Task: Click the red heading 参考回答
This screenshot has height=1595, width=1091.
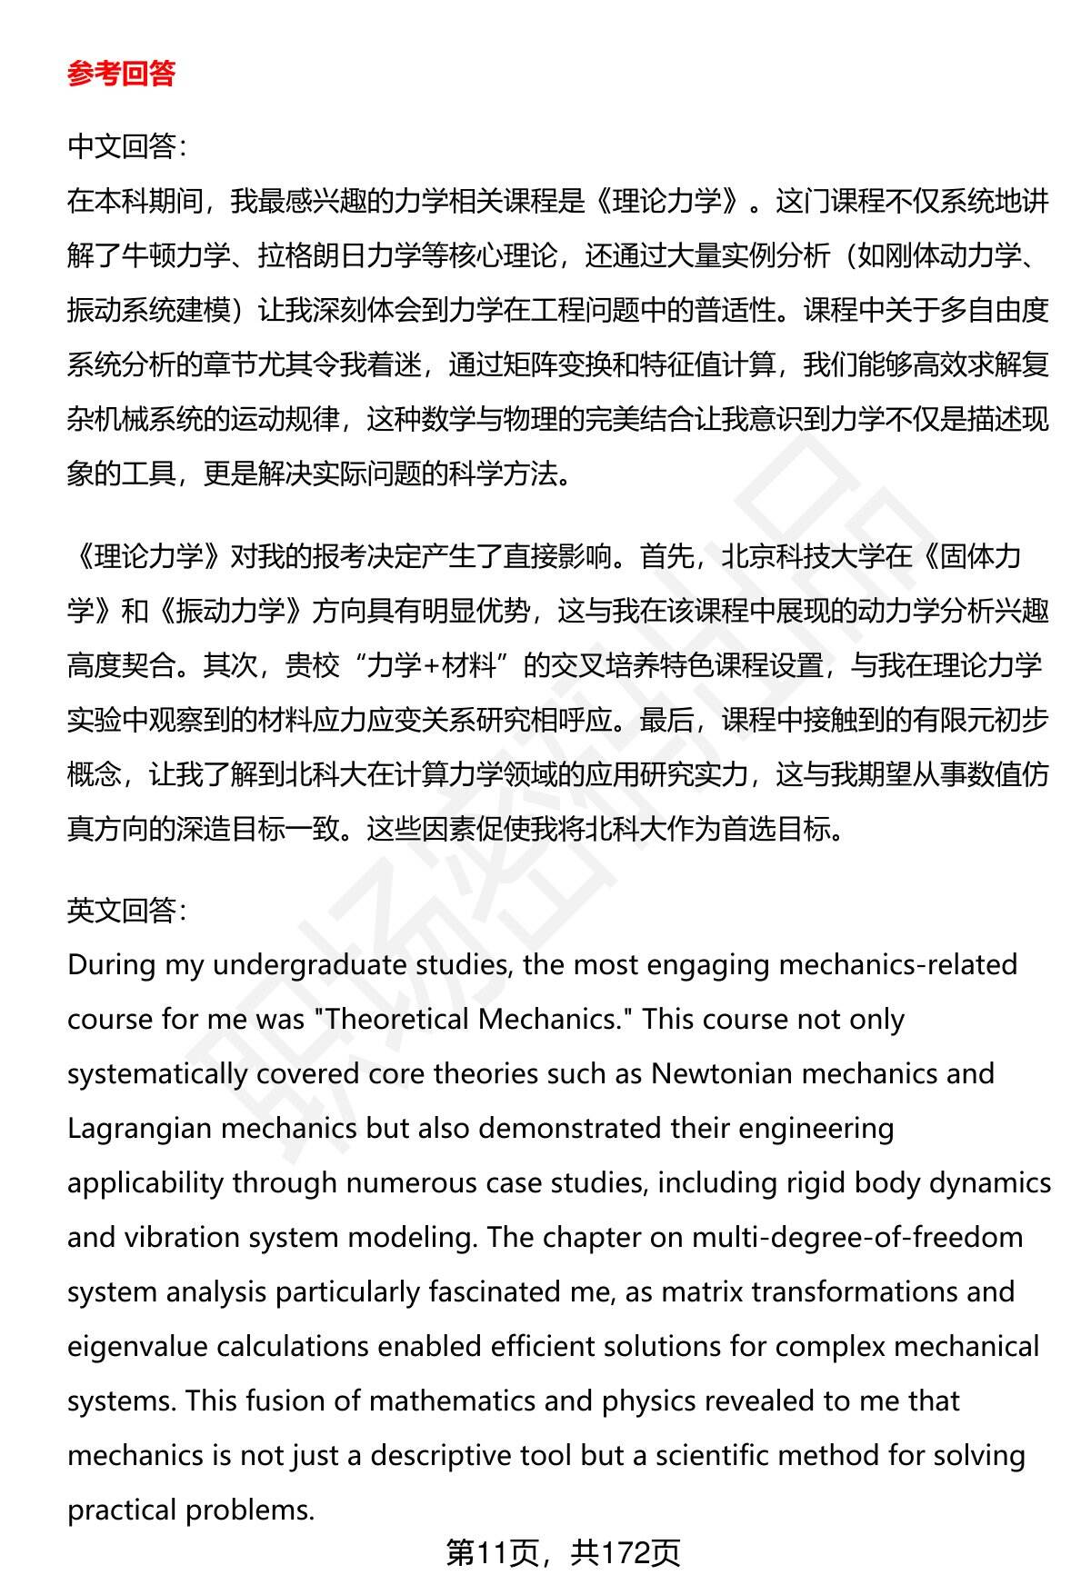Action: tap(121, 75)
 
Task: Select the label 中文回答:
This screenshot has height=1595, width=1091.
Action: tap(126, 146)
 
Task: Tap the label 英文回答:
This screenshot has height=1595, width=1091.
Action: tap(126, 910)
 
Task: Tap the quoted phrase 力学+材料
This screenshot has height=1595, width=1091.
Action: tap(432, 665)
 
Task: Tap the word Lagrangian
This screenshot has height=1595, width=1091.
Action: tap(139, 1129)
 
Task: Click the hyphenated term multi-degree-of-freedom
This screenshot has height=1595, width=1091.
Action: tap(856, 1238)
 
